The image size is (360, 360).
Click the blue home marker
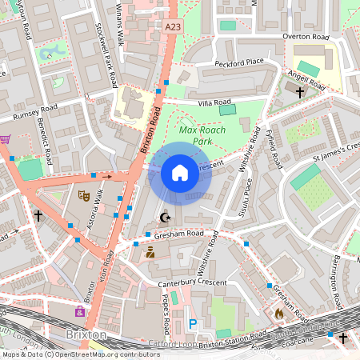click(180, 172)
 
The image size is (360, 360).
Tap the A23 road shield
click(173, 27)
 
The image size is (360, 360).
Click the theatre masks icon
click(83, 194)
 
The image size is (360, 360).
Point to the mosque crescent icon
click(166, 217)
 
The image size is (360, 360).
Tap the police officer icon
click(150, 253)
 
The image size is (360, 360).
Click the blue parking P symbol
click(192, 323)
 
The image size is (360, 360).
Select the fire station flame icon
click(278, 314)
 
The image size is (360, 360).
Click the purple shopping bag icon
click(80, 310)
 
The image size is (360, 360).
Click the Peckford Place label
click(239, 62)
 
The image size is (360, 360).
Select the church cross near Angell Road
click(300, 92)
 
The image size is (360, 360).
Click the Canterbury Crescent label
click(192, 282)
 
